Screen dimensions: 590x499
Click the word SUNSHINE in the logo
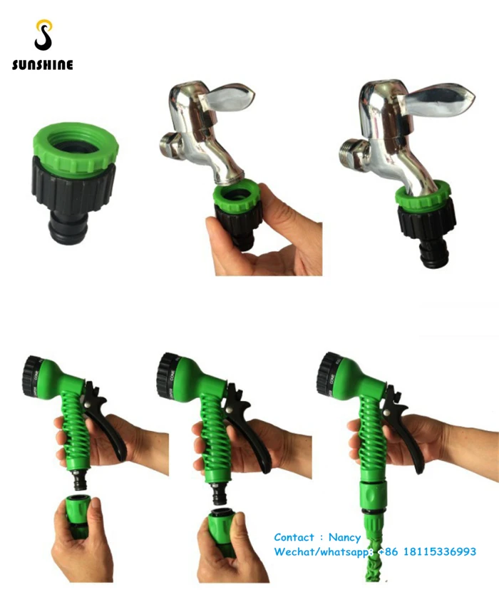pos(42,66)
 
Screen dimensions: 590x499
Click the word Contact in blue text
pos(294,537)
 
